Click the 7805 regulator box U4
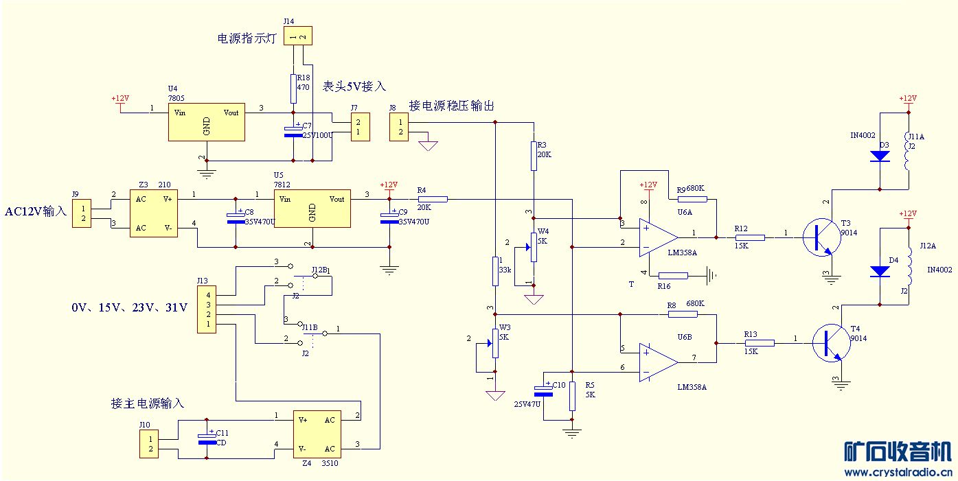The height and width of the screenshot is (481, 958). click(207, 123)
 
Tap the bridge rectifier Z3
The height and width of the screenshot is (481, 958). click(155, 213)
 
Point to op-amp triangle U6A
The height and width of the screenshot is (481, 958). click(657, 237)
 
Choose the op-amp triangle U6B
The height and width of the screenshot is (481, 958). click(657, 362)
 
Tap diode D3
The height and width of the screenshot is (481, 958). click(880, 156)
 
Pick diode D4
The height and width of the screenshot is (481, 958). click(880, 271)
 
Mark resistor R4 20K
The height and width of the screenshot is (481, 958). click(433, 199)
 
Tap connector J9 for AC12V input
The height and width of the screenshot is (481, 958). click(81, 213)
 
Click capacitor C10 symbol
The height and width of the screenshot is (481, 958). click(544, 392)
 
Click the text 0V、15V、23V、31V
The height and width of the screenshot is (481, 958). click(129, 308)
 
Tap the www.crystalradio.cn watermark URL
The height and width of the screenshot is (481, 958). click(898, 472)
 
